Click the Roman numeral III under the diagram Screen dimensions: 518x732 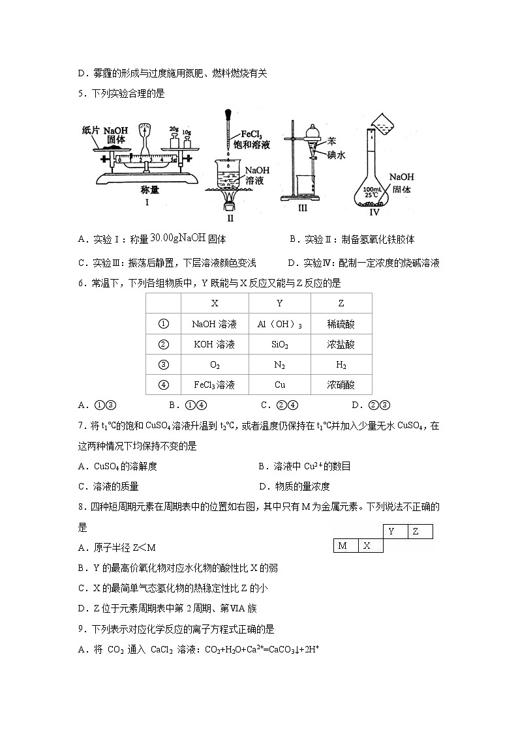(301, 209)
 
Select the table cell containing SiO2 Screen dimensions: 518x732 (279, 344)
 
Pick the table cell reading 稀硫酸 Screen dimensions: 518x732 (341, 324)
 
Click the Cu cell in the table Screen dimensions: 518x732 (279, 385)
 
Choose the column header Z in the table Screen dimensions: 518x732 (341, 304)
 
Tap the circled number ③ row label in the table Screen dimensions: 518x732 (164, 364)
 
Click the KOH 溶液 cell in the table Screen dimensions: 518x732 (215, 344)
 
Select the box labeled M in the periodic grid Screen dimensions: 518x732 (343, 546)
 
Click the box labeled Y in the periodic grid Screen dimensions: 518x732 (392, 531)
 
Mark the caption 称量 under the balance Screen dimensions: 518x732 (150, 190)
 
